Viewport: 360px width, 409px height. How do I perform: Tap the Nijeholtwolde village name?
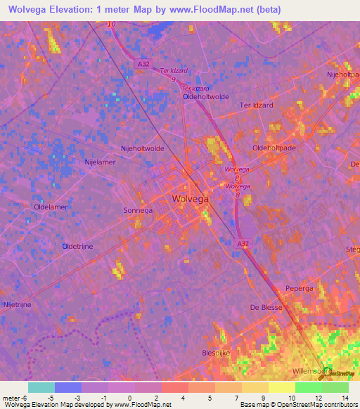pyautogui.click(x=143, y=148)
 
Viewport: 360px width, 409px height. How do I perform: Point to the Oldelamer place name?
pyautogui.click(x=50, y=207)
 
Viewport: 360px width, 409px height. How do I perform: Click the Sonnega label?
pyautogui.click(x=137, y=210)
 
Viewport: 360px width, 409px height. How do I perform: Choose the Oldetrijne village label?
pyautogui.click(x=78, y=246)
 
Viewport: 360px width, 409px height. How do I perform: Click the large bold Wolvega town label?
pyautogui.click(x=190, y=199)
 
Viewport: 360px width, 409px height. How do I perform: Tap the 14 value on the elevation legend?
pyautogui.click(x=345, y=398)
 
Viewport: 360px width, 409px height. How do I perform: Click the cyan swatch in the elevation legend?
pyautogui.click(x=41, y=387)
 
